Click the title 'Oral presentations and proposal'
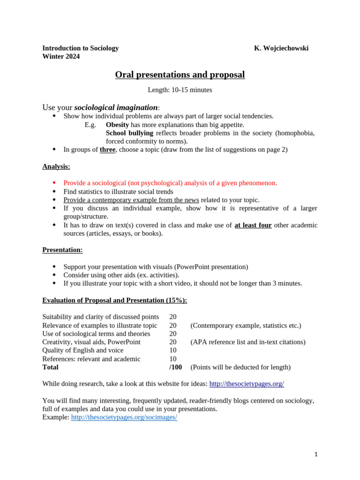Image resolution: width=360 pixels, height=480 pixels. [180, 75]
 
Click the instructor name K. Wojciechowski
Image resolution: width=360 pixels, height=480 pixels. [281, 48]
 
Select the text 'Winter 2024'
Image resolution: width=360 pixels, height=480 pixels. [61, 57]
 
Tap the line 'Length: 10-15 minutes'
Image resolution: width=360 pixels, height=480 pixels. [180, 90]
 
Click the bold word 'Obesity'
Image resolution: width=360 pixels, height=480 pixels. [117, 125]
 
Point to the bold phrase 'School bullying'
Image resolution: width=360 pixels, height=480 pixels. [129, 133]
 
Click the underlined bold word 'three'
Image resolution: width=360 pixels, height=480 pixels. [107, 150]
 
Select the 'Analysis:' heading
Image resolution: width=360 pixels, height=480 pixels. [56, 166]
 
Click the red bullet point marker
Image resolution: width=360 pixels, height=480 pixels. [54, 183]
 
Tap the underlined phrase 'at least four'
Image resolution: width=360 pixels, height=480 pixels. [253, 225]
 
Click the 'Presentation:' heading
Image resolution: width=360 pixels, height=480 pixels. [62, 250]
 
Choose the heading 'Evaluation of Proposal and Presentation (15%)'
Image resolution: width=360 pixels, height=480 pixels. [114, 300]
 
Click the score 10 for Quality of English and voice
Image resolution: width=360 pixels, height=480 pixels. [173, 351]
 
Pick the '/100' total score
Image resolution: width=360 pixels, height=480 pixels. [175, 367]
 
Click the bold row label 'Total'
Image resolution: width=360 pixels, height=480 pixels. [50, 367]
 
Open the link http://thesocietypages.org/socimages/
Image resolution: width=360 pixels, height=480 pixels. [124, 418]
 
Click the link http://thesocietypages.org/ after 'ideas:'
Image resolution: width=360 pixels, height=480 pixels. [247, 384]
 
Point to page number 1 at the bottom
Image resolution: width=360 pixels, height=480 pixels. [316, 454]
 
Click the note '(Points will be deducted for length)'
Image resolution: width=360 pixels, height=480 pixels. [240, 367]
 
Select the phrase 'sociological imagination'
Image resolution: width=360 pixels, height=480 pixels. [116, 108]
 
